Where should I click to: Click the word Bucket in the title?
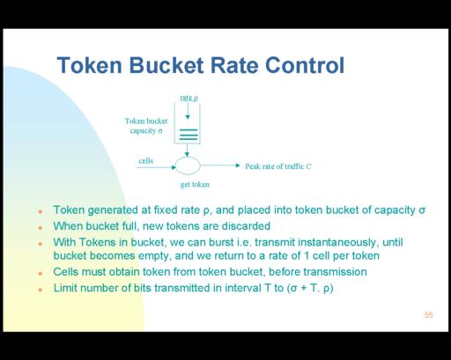pos(166,65)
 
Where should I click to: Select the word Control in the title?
pos(305,65)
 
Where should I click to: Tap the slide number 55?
pos(428,315)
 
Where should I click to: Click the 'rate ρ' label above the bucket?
pos(189,98)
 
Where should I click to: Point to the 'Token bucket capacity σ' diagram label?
pos(146,126)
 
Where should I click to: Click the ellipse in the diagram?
pos(188,165)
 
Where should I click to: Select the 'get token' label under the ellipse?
pos(195,185)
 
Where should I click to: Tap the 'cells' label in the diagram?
pos(146,161)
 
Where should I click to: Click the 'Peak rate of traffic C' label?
pos(278,166)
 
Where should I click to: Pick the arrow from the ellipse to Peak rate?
pos(220,165)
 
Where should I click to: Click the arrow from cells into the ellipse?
pos(157,167)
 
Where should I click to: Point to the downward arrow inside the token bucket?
pos(188,111)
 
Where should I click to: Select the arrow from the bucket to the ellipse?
pos(187,151)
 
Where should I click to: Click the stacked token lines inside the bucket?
pos(189,135)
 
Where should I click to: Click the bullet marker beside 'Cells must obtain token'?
pos(41,273)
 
